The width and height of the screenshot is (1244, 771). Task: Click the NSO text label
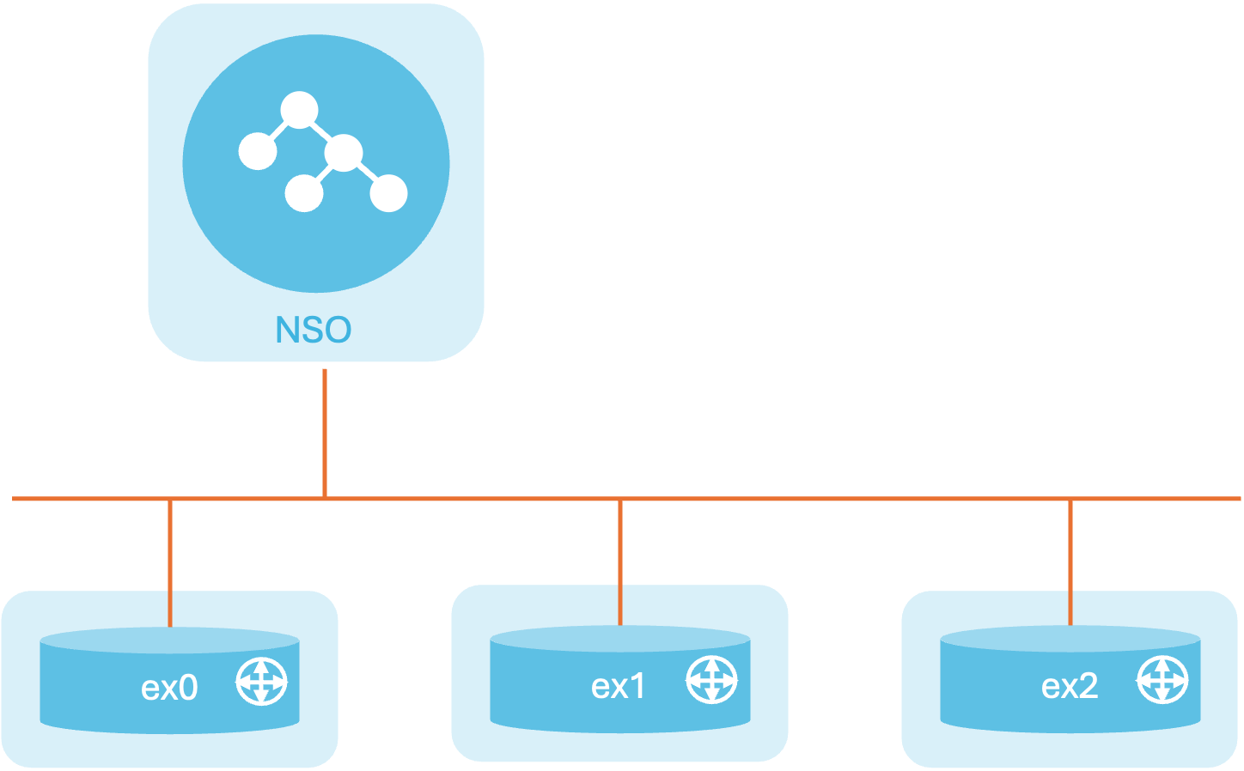pyautogui.click(x=314, y=330)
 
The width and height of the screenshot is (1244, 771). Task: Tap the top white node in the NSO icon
pyautogui.click(x=299, y=110)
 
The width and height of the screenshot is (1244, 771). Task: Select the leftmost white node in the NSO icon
pyautogui.click(x=258, y=151)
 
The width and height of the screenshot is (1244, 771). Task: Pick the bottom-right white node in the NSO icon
pyautogui.click(x=388, y=193)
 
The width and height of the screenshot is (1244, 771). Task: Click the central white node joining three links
pyautogui.click(x=344, y=153)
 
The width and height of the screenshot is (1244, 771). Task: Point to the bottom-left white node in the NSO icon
pyautogui.click(x=304, y=193)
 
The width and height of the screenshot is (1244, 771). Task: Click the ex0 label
pyautogui.click(x=169, y=689)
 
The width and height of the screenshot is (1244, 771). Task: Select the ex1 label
pyautogui.click(x=618, y=687)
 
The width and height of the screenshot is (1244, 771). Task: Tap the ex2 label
pyautogui.click(x=1070, y=687)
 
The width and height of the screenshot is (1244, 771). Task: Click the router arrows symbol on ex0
pyautogui.click(x=261, y=681)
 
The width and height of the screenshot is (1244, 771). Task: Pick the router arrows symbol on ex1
pyautogui.click(x=711, y=679)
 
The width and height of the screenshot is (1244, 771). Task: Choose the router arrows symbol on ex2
pyautogui.click(x=1162, y=679)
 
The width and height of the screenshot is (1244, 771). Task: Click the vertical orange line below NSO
pyautogui.click(x=325, y=433)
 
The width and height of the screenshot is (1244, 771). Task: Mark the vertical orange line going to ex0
pyautogui.click(x=170, y=564)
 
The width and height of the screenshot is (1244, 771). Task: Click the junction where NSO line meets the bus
pyautogui.click(x=325, y=499)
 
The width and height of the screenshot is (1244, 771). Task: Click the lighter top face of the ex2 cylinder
pyautogui.click(x=1070, y=639)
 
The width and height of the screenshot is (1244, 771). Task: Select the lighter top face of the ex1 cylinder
pyautogui.click(x=620, y=639)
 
